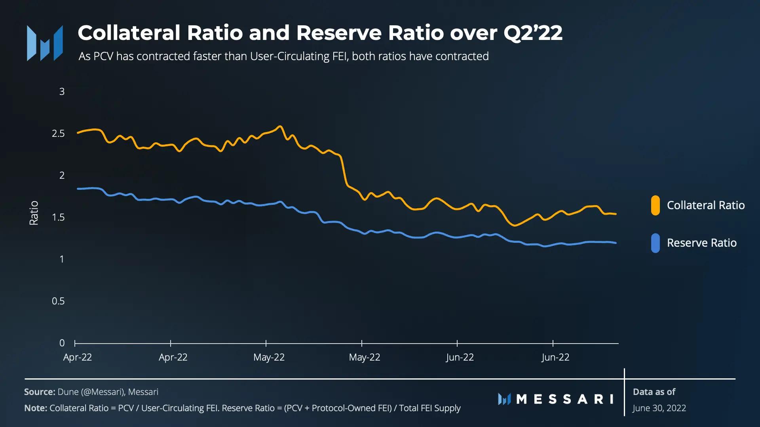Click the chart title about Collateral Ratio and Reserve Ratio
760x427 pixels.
[x=320, y=33]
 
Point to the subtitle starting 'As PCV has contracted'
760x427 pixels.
[x=283, y=57]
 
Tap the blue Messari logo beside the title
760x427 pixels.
[x=45, y=43]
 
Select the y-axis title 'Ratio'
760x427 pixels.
[x=34, y=213]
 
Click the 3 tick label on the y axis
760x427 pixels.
[x=62, y=92]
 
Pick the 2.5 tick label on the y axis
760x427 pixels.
[x=58, y=134]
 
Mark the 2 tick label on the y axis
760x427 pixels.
[x=62, y=176]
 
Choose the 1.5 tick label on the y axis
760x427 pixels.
[x=58, y=217]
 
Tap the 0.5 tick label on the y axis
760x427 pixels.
[x=58, y=301]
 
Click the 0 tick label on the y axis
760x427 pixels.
[x=62, y=343]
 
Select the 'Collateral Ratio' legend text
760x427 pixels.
[x=706, y=205]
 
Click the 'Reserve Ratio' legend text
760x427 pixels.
[x=701, y=243]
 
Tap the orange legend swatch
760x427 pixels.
[x=655, y=205]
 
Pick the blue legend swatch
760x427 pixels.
[x=655, y=243]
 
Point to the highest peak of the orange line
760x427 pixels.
[x=280, y=127]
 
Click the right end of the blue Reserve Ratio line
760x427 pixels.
[x=616, y=243]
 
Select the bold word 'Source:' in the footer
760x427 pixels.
[x=40, y=392]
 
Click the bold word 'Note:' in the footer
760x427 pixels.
[x=36, y=408]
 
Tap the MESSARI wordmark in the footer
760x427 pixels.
[x=556, y=399]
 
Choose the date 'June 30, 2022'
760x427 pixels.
[x=659, y=408]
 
